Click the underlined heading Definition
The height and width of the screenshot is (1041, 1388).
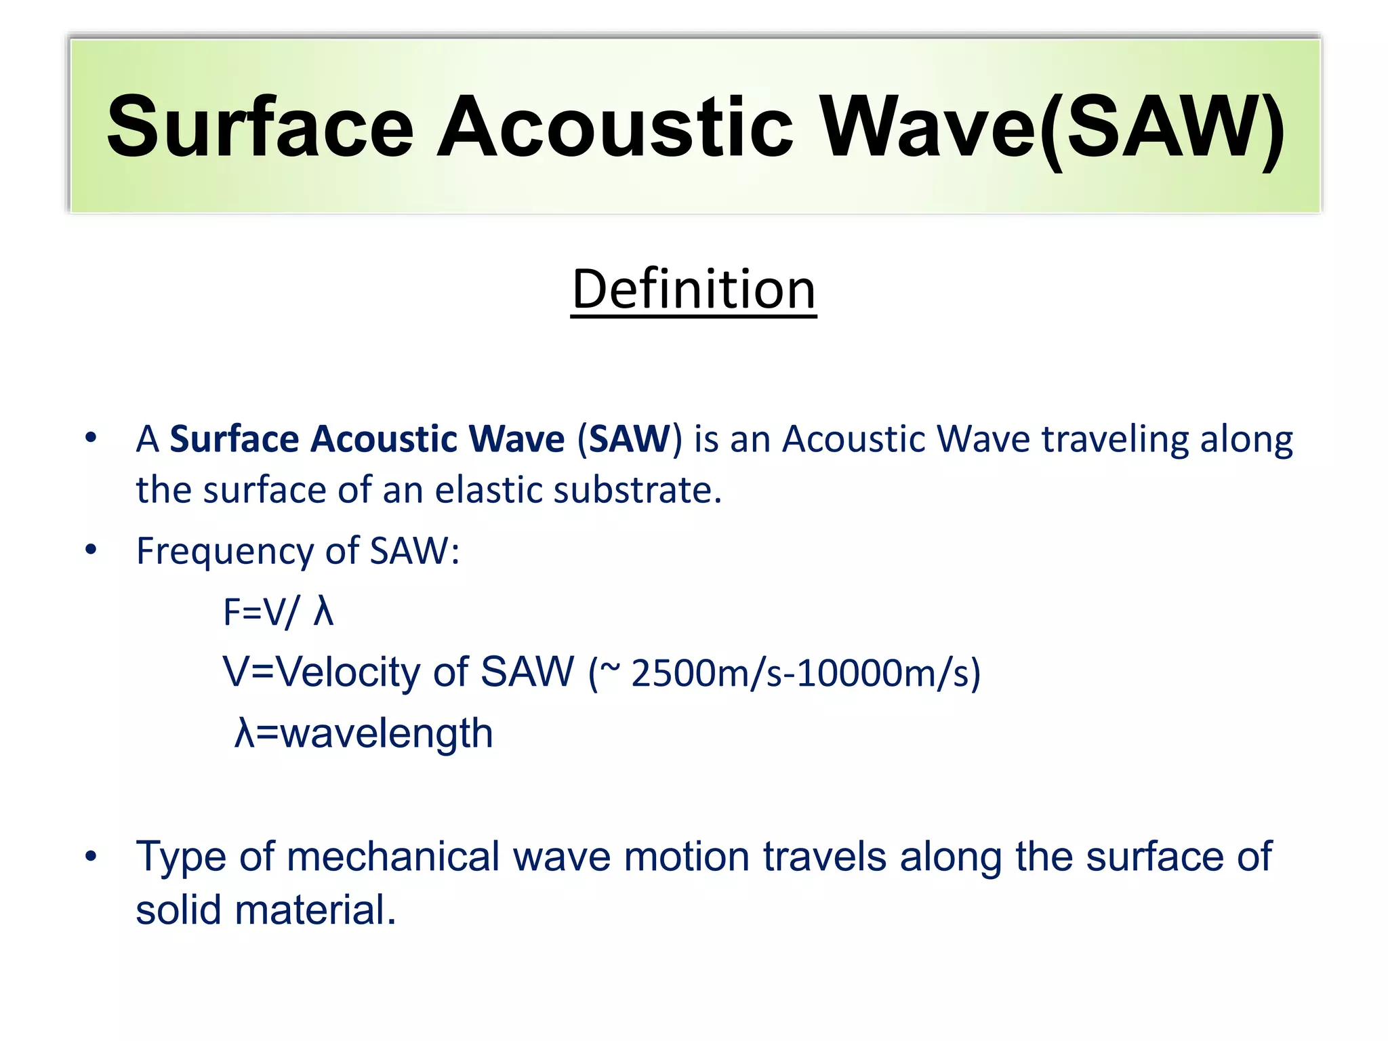click(693, 289)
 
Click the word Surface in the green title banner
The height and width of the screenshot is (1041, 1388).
click(260, 127)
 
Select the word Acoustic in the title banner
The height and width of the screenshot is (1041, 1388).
click(615, 127)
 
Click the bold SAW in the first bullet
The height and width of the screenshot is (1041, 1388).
click(629, 439)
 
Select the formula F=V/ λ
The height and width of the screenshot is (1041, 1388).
click(279, 612)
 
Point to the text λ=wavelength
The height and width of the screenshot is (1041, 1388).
click(363, 734)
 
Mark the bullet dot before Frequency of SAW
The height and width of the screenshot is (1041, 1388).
click(91, 550)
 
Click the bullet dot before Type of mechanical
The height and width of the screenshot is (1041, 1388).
click(91, 857)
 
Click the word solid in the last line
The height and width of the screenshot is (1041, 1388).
click(178, 910)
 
